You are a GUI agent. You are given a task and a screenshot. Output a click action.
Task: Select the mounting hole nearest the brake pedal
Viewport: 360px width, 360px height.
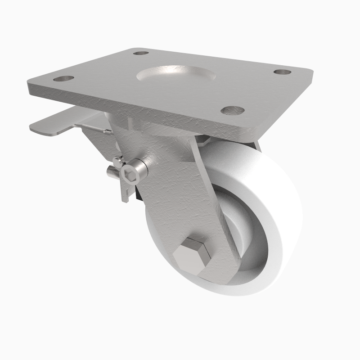coord(63,78)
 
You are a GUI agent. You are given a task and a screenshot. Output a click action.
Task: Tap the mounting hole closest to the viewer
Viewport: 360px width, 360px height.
coord(233,110)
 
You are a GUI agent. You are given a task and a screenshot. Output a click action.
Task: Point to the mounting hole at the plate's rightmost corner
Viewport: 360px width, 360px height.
coord(282,72)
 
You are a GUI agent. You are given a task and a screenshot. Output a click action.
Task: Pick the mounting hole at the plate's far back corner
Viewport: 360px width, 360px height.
coord(141,53)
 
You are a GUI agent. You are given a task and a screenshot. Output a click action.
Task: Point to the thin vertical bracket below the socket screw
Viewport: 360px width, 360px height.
coord(123,189)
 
